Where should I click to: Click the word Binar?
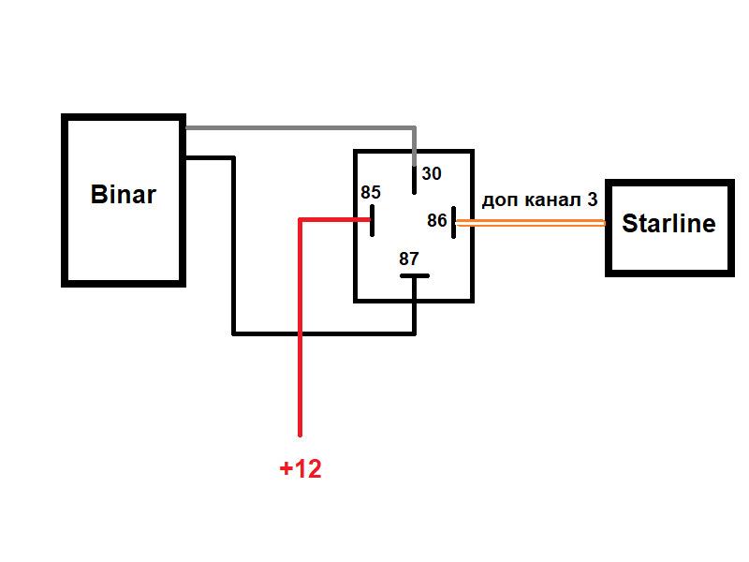pyautogui.click(x=123, y=196)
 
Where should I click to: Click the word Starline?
pyautogui.click(x=668, y=224)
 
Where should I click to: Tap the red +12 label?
pyautogui.click(x=301, y=469)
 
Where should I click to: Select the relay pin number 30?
pyautogui.click(x=431, y=173)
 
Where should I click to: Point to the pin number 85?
pyautogui.click(x=371, y=193)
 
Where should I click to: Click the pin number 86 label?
pyautogui.click(x=436, y=221)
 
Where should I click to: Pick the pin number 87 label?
pyautogui.click(x=409, y=259)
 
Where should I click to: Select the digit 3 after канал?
pyautogui.click(x=593, y=200)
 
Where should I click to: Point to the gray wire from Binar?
pyautogui.click(x=300, y=126)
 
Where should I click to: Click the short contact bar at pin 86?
pyautogui.click(x=453, y=222)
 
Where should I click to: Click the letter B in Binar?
pyautogui.click(x=98, y=196)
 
